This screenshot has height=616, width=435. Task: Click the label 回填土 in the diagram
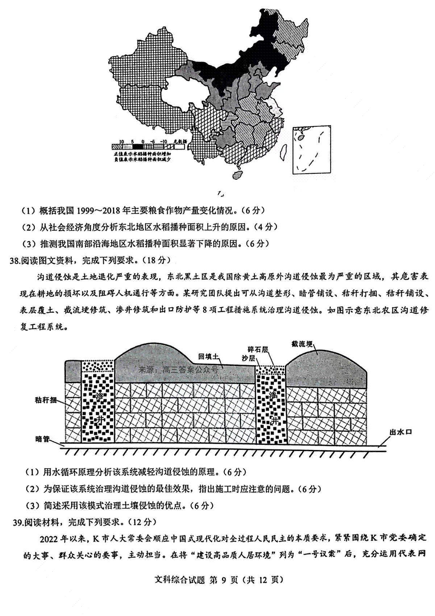208,356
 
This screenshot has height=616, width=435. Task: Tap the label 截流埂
302,344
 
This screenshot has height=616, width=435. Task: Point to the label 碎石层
258,349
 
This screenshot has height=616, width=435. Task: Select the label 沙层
249,358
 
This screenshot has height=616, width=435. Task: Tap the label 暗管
42,439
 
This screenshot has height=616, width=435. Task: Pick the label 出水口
401,432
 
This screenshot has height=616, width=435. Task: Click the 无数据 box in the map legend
179,147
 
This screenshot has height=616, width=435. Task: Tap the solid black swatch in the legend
138,147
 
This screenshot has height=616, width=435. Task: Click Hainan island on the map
238,174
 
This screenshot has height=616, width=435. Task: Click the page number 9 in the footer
223,580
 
